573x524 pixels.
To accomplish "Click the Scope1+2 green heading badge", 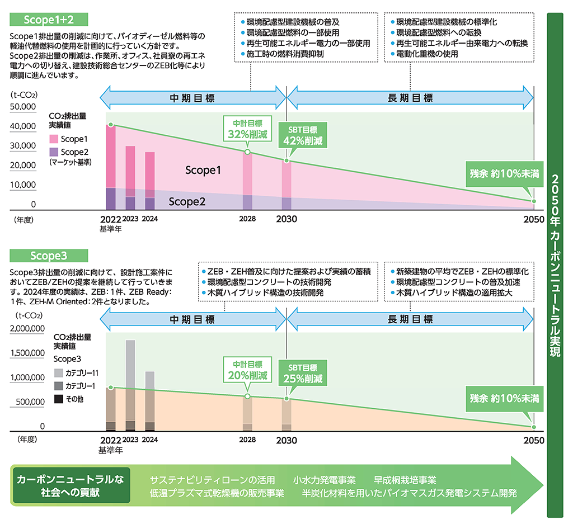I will [x=49, y=19].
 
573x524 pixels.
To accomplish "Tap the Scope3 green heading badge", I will [x=49, y=256].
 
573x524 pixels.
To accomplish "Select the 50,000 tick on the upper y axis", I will [x=24, y=107].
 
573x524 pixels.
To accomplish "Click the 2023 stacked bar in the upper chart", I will [x=130, y=178].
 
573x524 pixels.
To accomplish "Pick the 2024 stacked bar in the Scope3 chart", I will [x=149, y=400].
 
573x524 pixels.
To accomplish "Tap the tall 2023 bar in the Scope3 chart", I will [x=130, y=385].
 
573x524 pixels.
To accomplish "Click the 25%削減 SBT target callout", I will [x=302, y=373].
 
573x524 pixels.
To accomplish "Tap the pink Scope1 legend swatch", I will [x=54, y=139].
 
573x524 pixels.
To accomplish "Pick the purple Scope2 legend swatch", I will [x=54, y=152].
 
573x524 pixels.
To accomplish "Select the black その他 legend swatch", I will [x=58, y=399].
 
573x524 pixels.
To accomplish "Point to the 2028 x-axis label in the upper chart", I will [x=247, y=219].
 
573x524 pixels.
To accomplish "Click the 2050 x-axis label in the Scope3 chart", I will [x=534, y=440].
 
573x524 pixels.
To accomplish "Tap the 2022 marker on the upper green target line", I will [x=111, y=125].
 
